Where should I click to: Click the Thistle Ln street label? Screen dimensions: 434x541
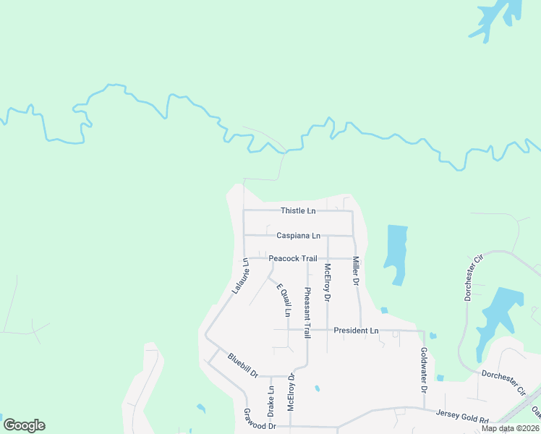pos(298,211)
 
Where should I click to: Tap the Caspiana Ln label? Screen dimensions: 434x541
pos(298,236)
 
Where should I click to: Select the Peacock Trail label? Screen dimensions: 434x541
pos(293,258)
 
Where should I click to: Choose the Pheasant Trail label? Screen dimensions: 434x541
pos(307,312)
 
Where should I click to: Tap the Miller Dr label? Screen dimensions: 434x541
pos(356,271)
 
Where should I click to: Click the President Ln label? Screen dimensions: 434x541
pos(356,331)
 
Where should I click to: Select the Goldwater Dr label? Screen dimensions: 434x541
pos(425,370)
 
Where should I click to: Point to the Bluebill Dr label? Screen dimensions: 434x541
pos(243,365)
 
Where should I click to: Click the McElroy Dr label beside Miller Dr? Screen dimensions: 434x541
pos(328,282)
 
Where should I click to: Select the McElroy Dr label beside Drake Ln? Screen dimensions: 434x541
pos(291,392)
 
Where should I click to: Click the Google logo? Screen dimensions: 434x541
pos(24,425)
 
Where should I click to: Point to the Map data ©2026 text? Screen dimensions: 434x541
pos(509,428)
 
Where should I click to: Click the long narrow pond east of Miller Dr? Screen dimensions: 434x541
pos(396,253)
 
